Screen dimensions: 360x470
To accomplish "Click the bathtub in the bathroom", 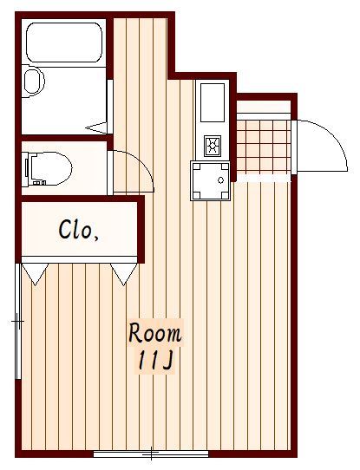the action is point(64,42).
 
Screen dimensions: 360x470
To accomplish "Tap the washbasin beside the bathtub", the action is point(33,81).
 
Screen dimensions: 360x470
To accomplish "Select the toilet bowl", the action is point(51,168).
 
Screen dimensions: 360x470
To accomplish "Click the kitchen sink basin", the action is point(213,102).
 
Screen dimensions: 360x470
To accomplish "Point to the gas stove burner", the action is point(213,146).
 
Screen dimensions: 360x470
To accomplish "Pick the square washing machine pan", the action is point(210,180).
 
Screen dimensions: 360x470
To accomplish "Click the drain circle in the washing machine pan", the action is point(221,180).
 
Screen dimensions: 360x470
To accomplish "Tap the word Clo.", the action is point(79,230).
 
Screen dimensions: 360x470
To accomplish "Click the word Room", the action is point(155,333).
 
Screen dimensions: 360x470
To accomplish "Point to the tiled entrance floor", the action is point(264,147).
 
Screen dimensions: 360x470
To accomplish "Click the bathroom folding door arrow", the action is point(96,128).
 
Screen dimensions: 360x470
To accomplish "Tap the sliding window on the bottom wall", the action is point(151,454).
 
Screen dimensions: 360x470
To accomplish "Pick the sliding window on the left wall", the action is point(18,322).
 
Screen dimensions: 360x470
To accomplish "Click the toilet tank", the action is point(26,168).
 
